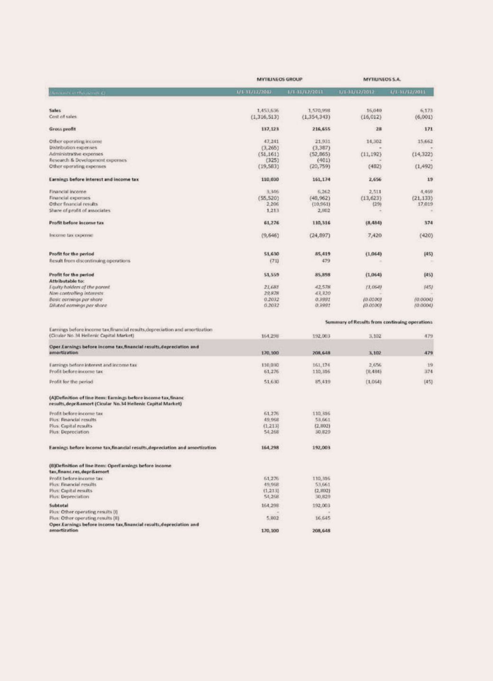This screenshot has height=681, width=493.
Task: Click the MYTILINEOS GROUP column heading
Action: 279,79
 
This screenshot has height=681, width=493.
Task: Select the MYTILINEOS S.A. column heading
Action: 382,79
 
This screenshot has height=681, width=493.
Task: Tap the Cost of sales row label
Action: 63,117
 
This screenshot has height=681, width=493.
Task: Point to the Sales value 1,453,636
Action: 268,110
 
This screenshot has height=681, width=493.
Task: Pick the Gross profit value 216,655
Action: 320,129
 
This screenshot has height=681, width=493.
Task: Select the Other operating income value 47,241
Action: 270,141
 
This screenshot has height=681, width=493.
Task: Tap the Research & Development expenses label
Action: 88,160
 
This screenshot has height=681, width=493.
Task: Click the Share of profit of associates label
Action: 80,210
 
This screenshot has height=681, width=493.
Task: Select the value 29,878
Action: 270,293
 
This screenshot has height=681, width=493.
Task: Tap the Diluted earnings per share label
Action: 78,306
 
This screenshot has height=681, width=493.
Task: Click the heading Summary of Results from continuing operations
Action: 379,322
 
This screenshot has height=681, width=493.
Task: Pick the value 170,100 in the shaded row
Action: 269,353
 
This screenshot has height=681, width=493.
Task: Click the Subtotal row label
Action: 59,506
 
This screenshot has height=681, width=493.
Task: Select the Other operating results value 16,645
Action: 322,518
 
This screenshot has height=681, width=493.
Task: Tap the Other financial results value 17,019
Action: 424,204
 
